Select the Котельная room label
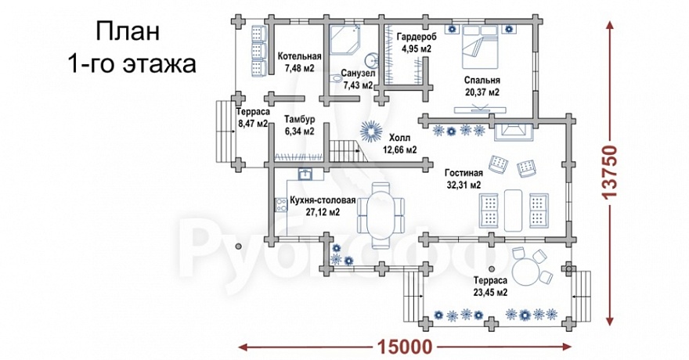[299, 56]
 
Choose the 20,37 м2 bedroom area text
[482, 92]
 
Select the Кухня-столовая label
[321, 200]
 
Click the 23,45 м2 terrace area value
[491, 292]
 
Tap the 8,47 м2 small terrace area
[253, 123]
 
